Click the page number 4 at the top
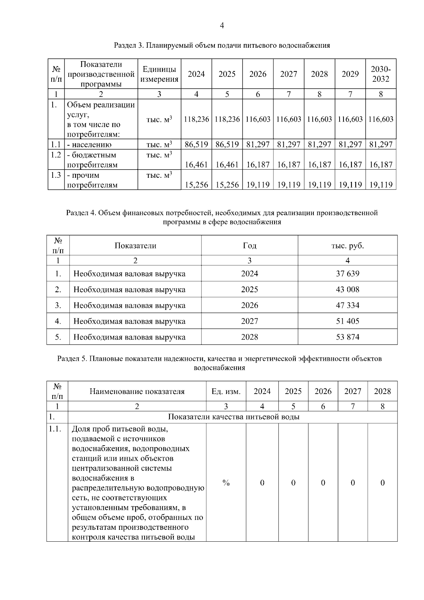point(222,25)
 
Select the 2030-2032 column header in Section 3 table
point(381,74)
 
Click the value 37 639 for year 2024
point(347,273)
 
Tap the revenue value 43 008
point(347,289)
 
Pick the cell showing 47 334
point(347,305)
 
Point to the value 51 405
point(347,321)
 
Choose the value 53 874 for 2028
point(347,337)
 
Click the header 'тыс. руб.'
point(347,246)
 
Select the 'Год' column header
point(249,246)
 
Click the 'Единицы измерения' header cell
point(159,74)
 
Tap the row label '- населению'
point(89,145)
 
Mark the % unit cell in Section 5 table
point(226,483)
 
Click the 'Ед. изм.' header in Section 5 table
point(226,392)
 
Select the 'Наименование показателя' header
point(137,392)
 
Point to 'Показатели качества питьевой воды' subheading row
point(233,417)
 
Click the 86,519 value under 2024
point(196,145)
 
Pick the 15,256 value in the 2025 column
point(227,185)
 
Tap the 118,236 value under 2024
point(196,119)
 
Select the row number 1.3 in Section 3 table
point(56,175)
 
